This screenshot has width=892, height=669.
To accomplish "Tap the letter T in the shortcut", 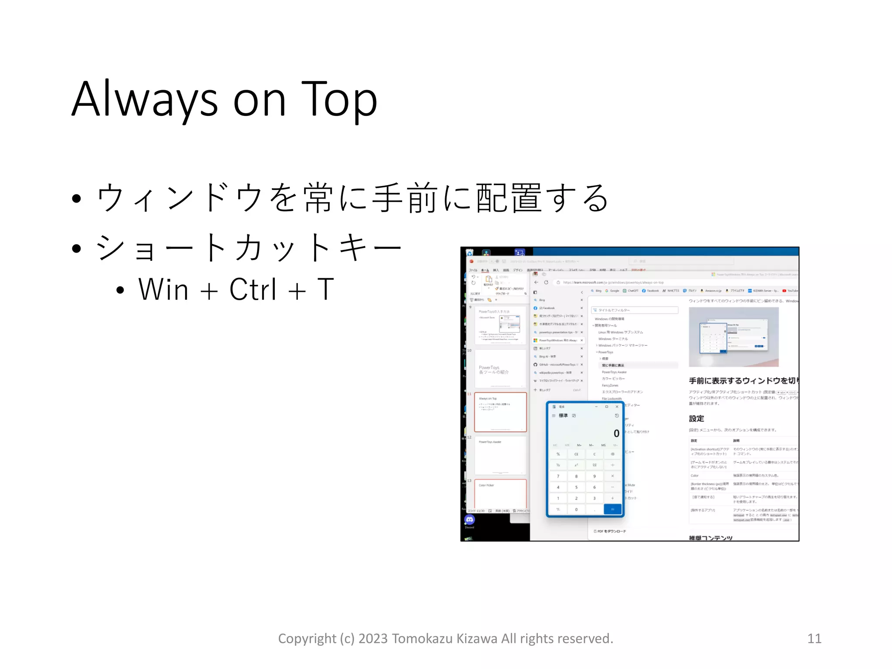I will pos(325,289).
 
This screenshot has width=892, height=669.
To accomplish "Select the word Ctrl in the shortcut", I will pos(253,289).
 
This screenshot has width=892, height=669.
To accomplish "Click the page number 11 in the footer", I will pos(814,639).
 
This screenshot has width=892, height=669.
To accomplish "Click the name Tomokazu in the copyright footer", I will pos(422,639).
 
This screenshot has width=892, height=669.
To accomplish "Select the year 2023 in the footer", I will pos(373,639).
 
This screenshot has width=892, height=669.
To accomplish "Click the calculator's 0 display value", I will pos(616,433).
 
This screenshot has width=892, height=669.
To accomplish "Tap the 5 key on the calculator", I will pos(576,487).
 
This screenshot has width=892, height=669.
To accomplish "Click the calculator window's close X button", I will pos(617,406).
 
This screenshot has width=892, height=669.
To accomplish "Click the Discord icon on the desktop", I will pos(469,520).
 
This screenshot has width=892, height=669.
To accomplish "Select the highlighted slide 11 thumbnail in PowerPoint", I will pos(500,412).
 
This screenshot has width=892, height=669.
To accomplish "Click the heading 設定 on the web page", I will pos(696,419).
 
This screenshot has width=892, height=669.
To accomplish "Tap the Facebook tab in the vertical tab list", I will pos(548,308).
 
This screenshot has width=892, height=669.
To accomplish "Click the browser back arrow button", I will pos(536,282).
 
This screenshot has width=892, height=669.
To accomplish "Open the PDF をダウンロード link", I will pos(611,531).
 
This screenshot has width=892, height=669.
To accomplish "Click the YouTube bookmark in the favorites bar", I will pos(791,291).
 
